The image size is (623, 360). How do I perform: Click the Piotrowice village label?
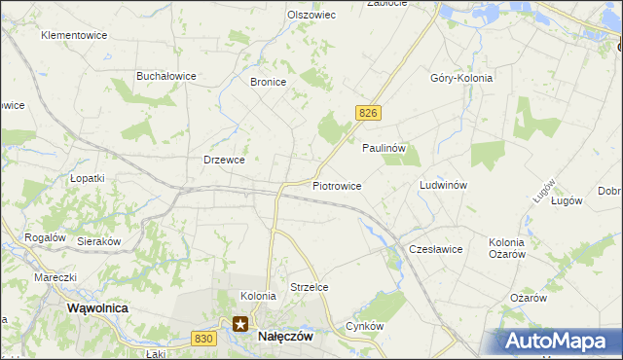pyautogui.click(x=337, y=185)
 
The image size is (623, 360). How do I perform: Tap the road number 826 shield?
pyautogui.click(x=367, y=114)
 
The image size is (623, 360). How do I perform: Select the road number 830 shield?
pyautogui.click(x=202, y=338)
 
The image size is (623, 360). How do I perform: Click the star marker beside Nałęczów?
pyautogui.click(x=239, y=325)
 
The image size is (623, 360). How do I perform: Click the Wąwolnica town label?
pyautogui.click(x=97, y=307)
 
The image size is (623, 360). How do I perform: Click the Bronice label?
pyautogui.click(x=268, y=83)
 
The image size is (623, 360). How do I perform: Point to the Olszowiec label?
pyautogui.click(x=311, y=15)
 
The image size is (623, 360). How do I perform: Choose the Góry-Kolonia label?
pyautogui.click(x=461, y=78)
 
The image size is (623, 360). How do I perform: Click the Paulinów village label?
pyautogui.click(x=389, y=148)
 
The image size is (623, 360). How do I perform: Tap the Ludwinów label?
pyautogui.click(x=444, y=185)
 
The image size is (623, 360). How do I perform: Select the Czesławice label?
pyautogui.click(x=435, y=249)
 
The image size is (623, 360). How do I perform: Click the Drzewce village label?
pyautogui.click(x=223, y=160)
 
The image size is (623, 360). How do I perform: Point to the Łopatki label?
pyautogui.click(x=88, y=179)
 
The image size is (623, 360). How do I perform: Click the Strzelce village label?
pyautogui.click(x=310, y=287)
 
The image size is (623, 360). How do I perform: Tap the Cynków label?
pyautogui.click(x=365, y=326)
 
